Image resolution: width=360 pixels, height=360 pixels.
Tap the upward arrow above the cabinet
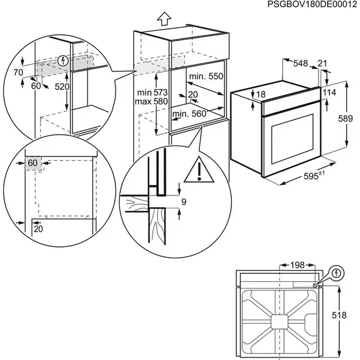pos(165,18)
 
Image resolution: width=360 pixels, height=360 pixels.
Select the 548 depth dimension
pos(300,64)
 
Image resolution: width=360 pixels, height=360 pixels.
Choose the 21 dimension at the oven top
pos(323,64)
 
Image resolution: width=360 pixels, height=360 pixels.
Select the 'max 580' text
pos(151,102)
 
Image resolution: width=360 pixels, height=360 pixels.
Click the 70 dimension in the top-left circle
pos(18,72)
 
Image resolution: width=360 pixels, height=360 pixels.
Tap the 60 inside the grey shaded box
pos(33,163)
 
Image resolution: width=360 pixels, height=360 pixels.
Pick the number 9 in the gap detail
pos(184,202)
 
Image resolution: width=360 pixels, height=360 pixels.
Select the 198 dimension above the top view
pos(297,265)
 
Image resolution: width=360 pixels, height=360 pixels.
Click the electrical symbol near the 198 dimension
pos(336,273)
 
